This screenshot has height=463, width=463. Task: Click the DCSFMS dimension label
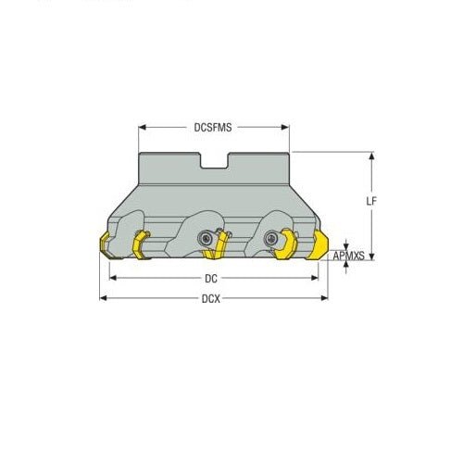click(x=213, y=129)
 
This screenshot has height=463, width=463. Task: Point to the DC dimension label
click(x=213, y=277)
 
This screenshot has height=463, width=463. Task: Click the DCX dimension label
click(x=213, y=298)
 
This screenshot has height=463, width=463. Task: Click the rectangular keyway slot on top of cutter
click(x=214, y=164)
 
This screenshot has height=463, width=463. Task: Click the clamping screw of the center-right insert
click(x=272, y=238)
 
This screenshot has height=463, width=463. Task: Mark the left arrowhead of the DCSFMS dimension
click(x=142, y=129)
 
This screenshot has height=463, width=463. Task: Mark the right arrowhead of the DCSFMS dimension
click(x=288, y=129)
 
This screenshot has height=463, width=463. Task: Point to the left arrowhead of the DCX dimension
click(x=103, y=298)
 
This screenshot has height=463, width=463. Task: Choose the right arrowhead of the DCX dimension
click(x=326, y=298)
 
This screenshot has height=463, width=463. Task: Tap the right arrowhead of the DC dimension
click(x=316, y=277)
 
